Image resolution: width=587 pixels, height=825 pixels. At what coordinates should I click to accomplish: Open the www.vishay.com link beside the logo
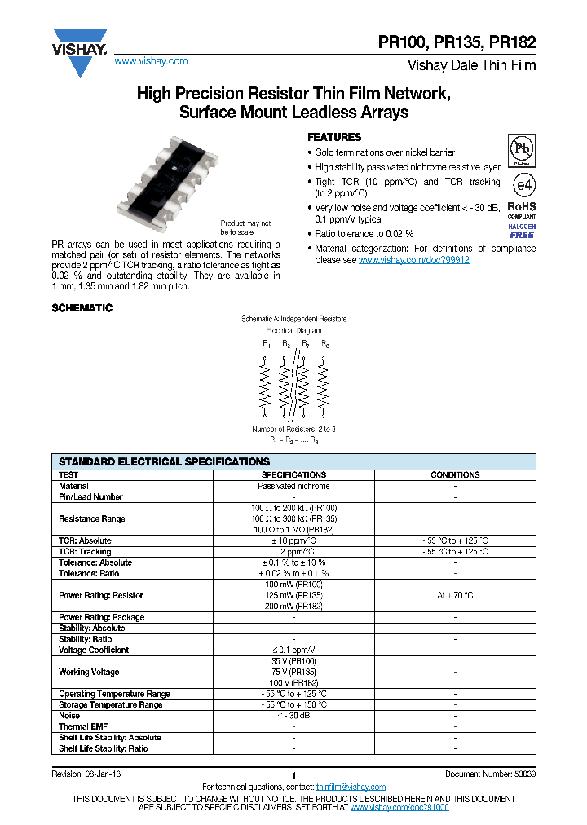coord(151,61)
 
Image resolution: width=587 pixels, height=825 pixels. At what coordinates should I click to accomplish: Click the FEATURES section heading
coord(333,137)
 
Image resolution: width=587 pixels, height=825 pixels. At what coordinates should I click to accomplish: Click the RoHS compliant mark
coord(522,210)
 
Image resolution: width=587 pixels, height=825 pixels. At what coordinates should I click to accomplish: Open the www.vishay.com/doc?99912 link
coord(414,260)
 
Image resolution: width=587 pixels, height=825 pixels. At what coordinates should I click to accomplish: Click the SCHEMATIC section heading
coord(82,308)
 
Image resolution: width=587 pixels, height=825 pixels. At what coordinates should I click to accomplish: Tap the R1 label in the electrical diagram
coord(267,345)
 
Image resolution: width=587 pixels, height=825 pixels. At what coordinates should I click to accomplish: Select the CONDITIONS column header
coord(455,474)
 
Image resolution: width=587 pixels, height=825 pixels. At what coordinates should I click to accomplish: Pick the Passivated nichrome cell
coord(293,486)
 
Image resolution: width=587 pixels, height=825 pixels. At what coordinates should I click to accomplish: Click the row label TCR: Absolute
coord(85,540)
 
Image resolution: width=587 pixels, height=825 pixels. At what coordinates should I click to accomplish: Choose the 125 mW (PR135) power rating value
coord(293,595)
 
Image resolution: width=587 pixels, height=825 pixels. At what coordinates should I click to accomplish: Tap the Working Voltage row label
coord(89,672)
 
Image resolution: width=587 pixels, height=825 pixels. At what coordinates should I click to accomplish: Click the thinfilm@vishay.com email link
coord(351,786)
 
